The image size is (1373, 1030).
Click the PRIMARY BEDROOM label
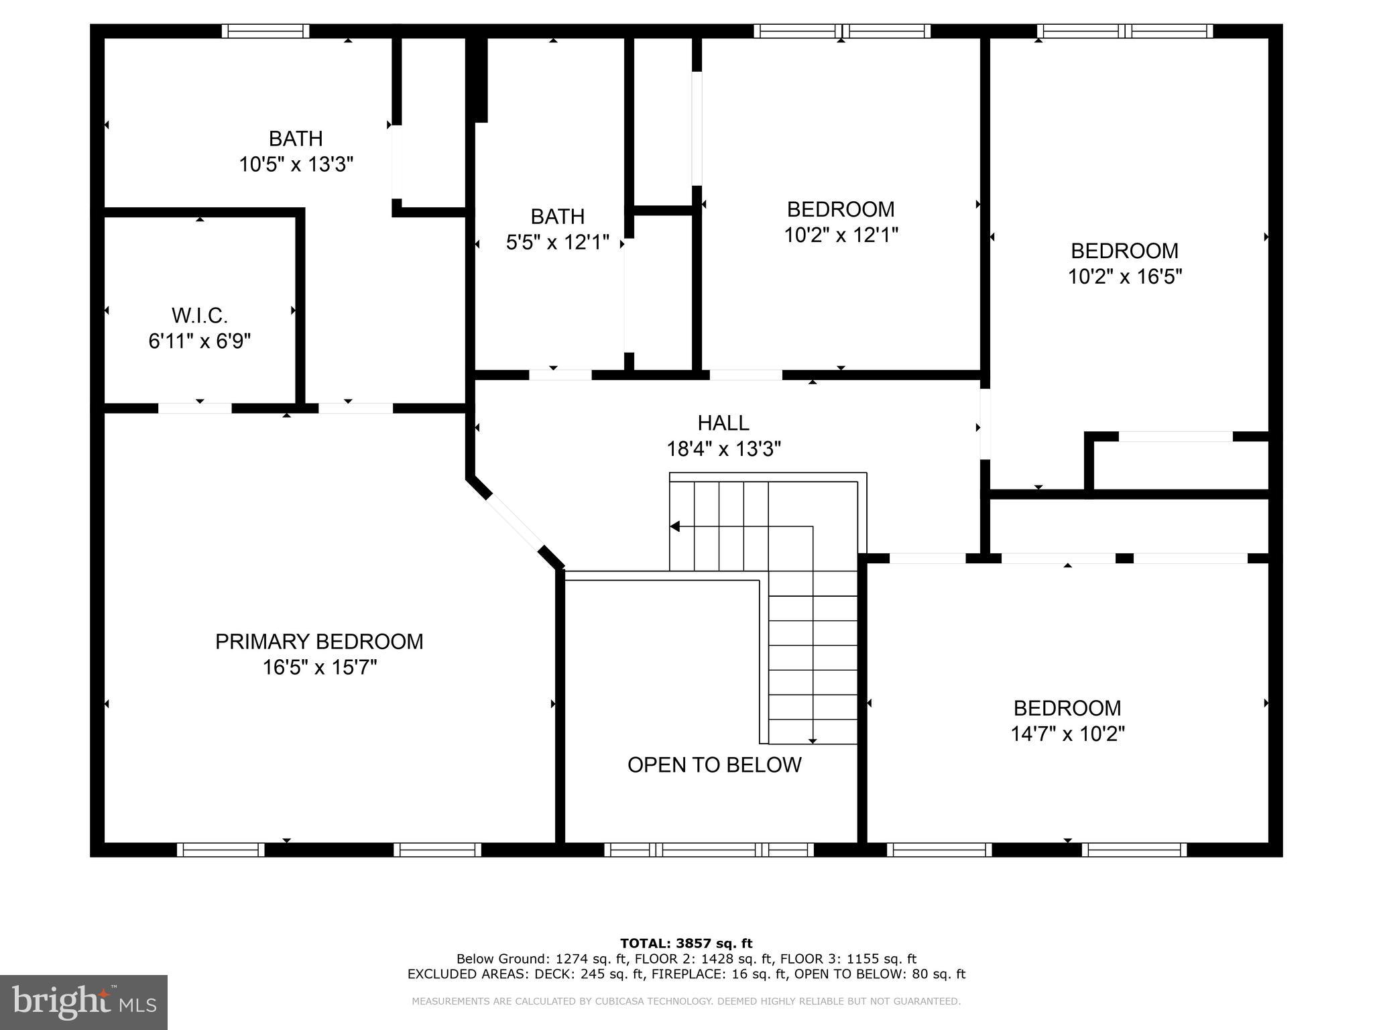pyautogui.click(x=319, y=642)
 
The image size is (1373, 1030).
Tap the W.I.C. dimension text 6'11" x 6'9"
pyautogui.click(x=200, y=341)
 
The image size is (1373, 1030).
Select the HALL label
pyautogui.click(x=723, y=423)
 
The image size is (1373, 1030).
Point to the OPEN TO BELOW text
pyautogui.click(x=714, y=765)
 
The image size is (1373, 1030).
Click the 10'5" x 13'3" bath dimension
pyautogui.click(x=296, y=164)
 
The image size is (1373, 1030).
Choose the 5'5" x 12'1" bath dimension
pyautogui.click(x=557, y=242)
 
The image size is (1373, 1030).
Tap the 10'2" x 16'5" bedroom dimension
pyautogui.click(x=1124, y=276)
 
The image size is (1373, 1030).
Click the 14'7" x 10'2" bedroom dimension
pyautogui.click(x=1067, y=734)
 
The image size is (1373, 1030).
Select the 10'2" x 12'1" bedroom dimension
pyautogui.click(x=841, y=235)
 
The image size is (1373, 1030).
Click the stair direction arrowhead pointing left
pyautogui.click(x=675, y=526)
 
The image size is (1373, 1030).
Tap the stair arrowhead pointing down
pyautogui.click(x=813, y=740)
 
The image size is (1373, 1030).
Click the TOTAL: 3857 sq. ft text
pyautogui.click(x=686, y=943)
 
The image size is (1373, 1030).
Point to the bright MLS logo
pyautogui.click(x=84, y=1002)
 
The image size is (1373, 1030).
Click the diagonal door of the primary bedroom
pyautogui.click(x=514, y=522)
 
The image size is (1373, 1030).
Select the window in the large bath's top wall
pyautogui.click(x=265, y=31)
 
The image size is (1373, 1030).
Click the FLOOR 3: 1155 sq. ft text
pyautogui.click(x=848, y=959)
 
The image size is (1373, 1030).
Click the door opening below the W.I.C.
pyautogui.click(x=195, y=408)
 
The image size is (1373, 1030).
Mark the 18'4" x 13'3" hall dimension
pyautogui.click(x=723, y=449)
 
